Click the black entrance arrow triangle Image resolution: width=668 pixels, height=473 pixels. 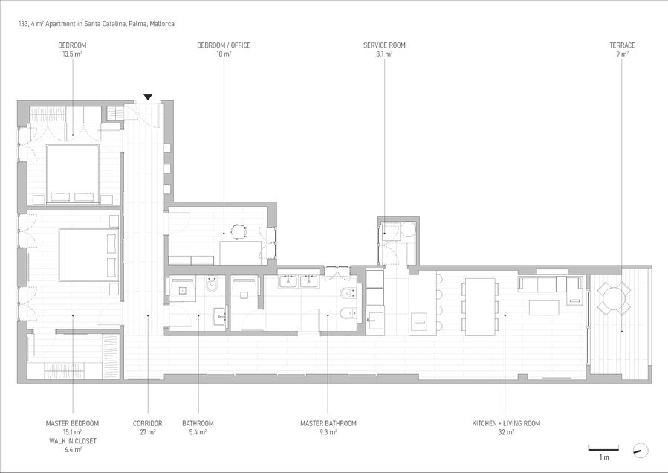click(148, 97)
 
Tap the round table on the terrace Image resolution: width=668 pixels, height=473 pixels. click(614, 297)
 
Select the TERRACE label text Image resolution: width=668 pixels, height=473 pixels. click(622, 45)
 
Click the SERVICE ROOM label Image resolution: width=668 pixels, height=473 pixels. click(384, 45)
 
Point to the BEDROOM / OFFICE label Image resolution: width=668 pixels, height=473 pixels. click(224, 45)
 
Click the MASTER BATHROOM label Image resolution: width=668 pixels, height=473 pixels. click(328, 423)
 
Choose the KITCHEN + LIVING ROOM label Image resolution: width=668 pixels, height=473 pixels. click(506, 423)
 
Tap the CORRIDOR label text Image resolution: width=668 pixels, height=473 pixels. click(147, 423)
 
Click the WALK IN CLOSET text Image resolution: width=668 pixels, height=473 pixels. click(72, 441)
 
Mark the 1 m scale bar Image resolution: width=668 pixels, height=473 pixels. click(604, 449)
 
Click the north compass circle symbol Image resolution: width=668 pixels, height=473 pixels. click(641, 451)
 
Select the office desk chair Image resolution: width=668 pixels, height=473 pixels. click(239, 231)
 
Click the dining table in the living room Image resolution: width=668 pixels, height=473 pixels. click(480, 307)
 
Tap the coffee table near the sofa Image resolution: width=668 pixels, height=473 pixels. click(544, 307)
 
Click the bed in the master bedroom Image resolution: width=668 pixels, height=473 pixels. click(88, 255)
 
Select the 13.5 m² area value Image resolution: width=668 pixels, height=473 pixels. click(72, 54)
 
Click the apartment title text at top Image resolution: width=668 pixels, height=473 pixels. click(97, 24)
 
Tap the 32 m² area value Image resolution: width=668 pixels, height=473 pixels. click(506, 432)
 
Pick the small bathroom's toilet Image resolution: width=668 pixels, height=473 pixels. click(212, 284)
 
